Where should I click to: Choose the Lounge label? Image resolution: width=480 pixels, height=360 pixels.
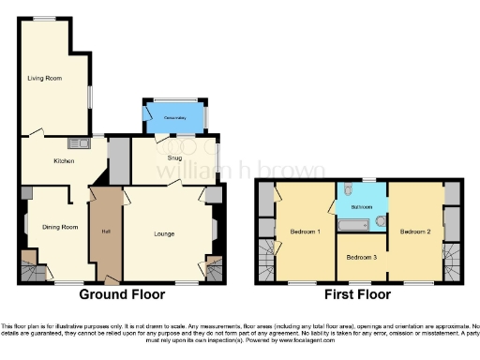click(x=165, y=233)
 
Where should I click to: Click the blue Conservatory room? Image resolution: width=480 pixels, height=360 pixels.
click(x=173, y=118)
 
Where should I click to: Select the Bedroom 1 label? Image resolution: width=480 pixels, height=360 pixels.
click(x=305, y=231)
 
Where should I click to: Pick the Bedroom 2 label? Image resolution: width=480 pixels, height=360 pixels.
click(x=414, y=230)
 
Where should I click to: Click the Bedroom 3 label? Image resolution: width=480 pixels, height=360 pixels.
click(x=361, y=257)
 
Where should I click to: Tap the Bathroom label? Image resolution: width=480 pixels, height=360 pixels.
click(x=362, y=206)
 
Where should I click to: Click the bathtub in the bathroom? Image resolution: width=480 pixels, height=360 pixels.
click(x=354, y=226)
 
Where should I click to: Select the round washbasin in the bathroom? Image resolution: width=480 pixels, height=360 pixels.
click(x=380, y=220)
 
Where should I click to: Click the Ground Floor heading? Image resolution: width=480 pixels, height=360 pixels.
click(x=122, y=293)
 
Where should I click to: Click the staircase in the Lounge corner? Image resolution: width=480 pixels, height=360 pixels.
click(x=215, y=268)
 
